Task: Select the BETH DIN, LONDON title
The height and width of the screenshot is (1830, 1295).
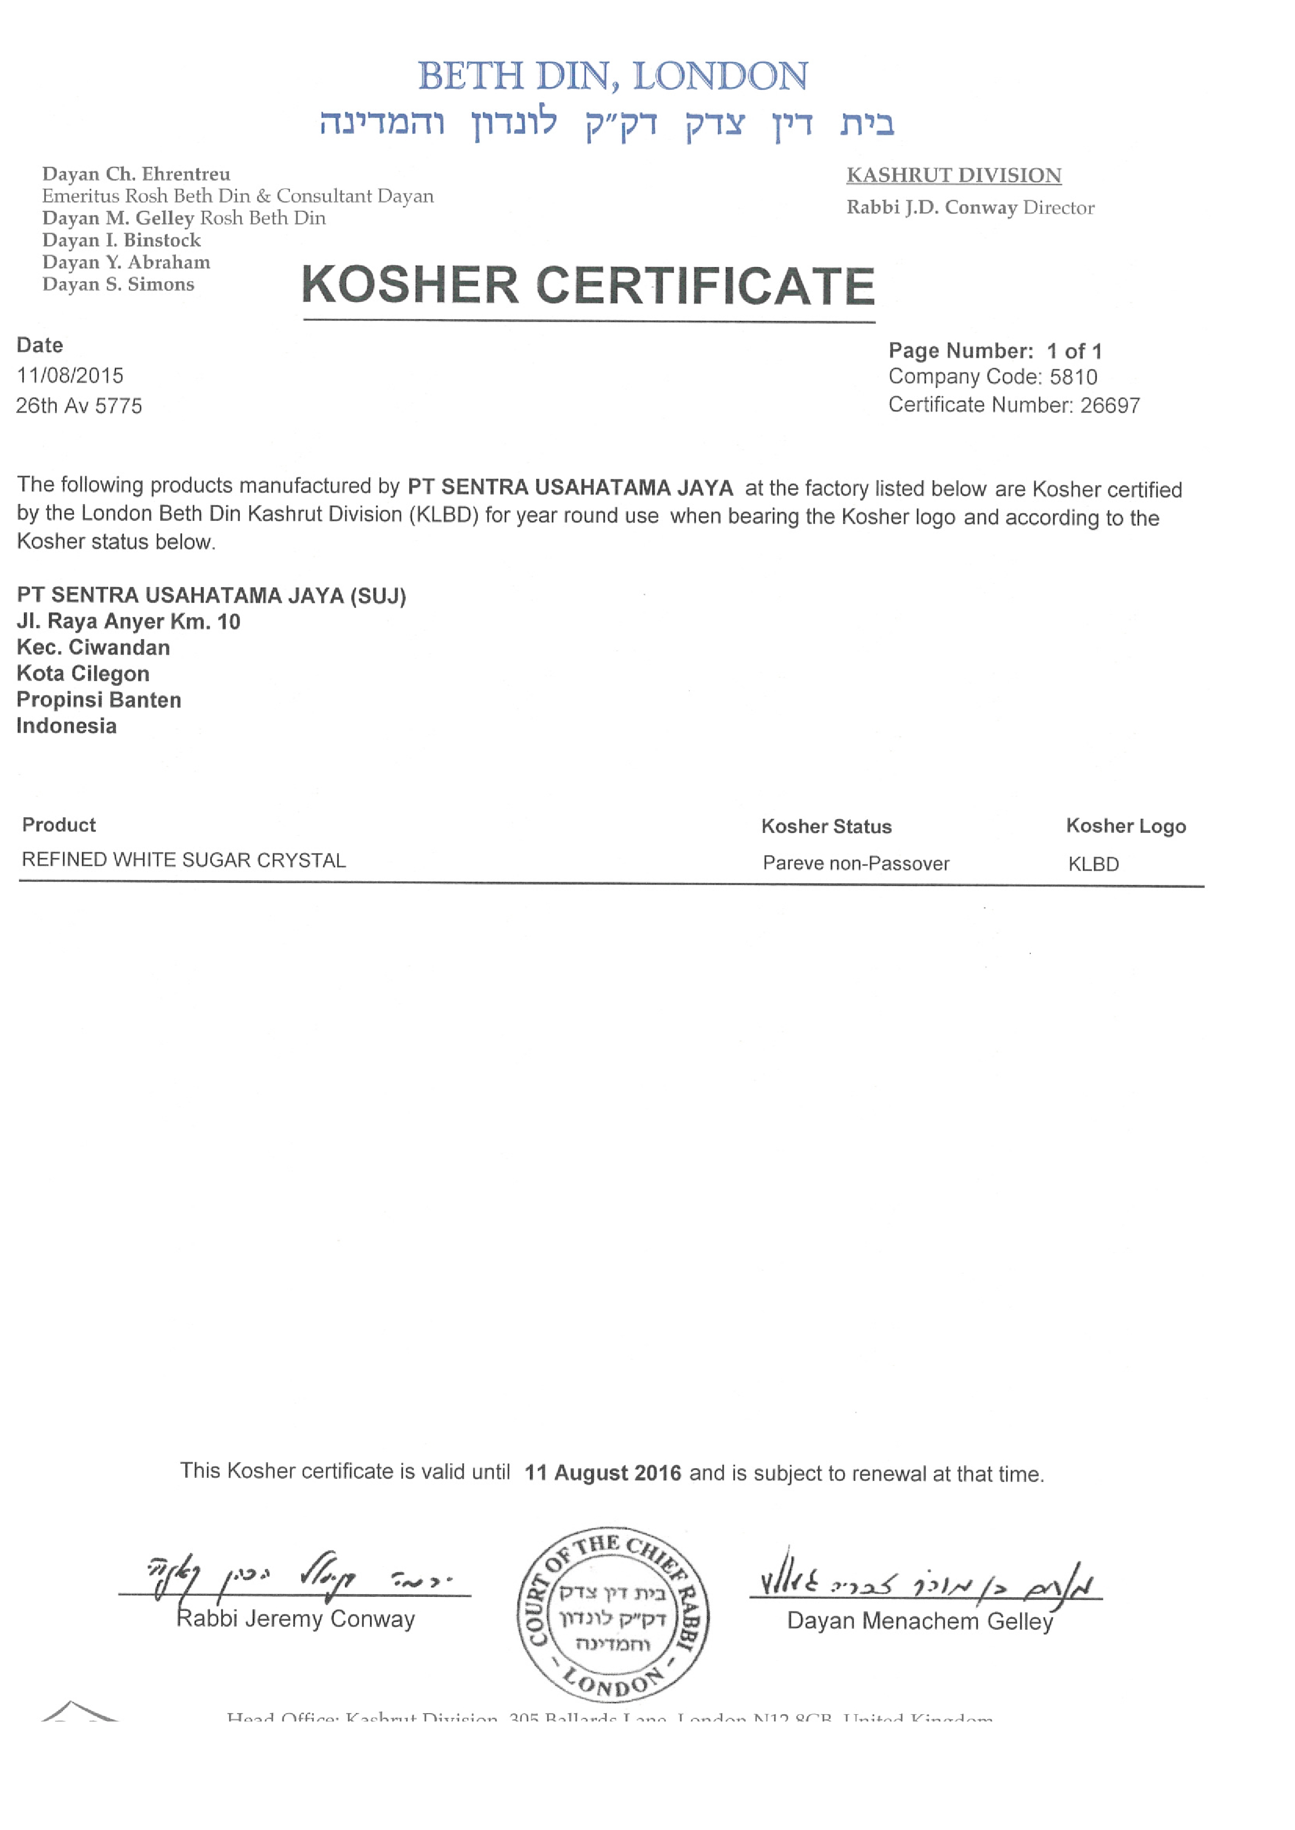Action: tap(613, 77)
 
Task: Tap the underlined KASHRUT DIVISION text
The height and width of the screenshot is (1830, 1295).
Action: tap(953, 175)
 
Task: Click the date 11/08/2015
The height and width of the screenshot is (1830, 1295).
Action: tap(70, 375)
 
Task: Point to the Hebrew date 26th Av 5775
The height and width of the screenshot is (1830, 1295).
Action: tap(79, 405)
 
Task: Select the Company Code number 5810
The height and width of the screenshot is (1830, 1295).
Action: tap(1073, 377)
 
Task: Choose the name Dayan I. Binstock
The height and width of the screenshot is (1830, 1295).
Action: tap(121, 240)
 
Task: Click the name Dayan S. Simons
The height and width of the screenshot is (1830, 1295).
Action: tap(118, 284)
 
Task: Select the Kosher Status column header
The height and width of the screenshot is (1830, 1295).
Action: tap(826, 827)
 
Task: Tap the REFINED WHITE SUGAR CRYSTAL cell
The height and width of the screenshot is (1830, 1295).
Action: tap(183, 860)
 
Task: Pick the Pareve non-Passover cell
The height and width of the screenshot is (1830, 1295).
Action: tap(856, 863)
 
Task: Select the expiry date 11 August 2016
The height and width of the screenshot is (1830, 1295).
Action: tap(602, 1473)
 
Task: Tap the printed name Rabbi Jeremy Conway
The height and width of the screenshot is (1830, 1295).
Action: tap(295, 1619)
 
